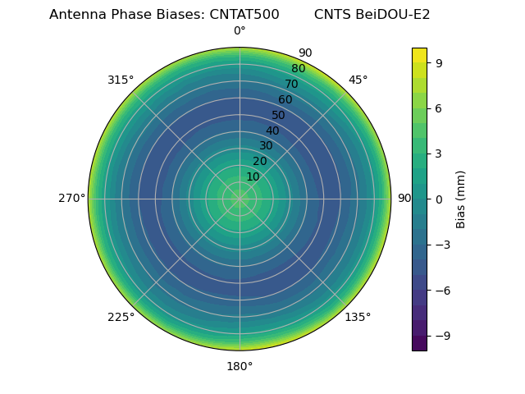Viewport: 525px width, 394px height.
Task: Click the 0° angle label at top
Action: (240, 31)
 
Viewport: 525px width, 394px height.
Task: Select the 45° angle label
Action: (358, 80)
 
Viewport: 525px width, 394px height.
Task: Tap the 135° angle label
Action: (358, 317)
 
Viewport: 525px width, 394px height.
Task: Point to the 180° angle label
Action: (240, 366)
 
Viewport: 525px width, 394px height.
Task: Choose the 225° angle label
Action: (121, 317)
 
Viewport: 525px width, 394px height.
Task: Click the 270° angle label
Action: (72, 199)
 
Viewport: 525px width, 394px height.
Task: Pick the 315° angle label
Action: (121, 80)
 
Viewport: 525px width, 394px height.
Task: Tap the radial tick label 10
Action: (253, 176)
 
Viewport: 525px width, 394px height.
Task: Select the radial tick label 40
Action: (272, 131)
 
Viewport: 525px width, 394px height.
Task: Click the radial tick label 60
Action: (285, 100)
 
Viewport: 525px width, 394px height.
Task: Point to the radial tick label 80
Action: (299, 69)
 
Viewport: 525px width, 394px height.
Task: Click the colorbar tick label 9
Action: (440, 62)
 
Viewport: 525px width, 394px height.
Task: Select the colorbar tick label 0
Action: (440, 199)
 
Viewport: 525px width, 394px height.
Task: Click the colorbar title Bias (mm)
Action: (461, 199)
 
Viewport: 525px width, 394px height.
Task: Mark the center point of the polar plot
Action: (240, 199)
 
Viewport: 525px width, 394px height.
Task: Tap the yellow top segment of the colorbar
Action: (419, 54)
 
